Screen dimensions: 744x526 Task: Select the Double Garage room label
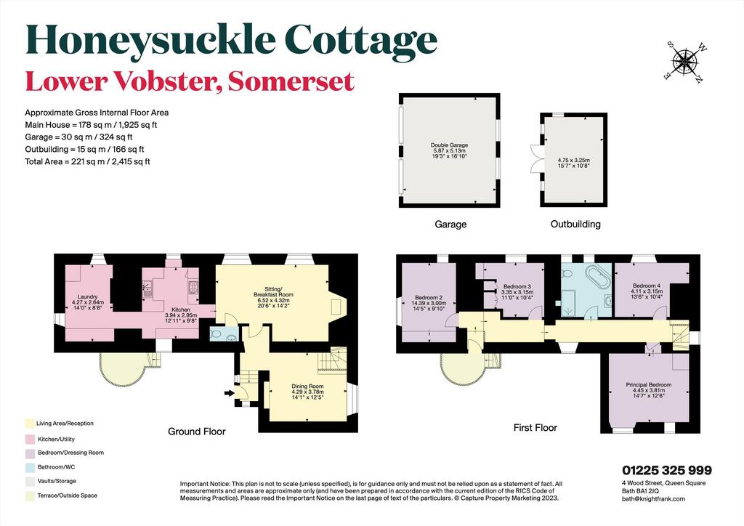pos(449,145)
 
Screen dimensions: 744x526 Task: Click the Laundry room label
pos(87,297)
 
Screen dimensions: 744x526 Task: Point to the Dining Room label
pos(307,386)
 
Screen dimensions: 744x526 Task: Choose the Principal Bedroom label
pos(649,384)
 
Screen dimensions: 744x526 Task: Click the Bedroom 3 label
pos(517,286)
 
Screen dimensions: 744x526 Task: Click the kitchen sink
pos(147,288)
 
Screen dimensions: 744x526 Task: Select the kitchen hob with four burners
pos(193,288)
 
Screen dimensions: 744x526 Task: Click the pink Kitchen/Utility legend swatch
pos(29,440)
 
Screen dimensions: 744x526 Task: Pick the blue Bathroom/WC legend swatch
pos(29,467)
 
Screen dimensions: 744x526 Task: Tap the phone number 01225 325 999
pos(667,470)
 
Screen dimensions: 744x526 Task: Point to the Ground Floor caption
pos(197,432)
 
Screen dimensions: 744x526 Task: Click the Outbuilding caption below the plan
pos(575,224)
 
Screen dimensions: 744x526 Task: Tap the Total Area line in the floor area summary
pos(87,161)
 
